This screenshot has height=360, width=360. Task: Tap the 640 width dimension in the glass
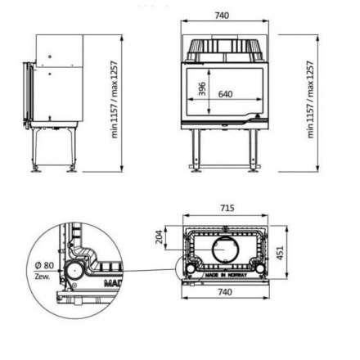pos(226,94)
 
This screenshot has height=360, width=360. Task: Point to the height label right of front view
pos(311,98)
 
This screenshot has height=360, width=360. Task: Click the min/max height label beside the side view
pos(115,100)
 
